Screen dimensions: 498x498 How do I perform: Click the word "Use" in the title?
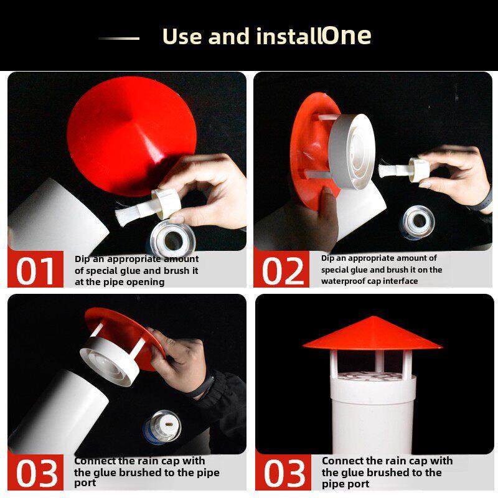coord(182,36)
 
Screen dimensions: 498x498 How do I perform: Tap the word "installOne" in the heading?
coord(314,35)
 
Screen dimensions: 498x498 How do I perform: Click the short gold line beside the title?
coord(119,39)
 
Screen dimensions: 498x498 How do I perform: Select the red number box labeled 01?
coord(35,269)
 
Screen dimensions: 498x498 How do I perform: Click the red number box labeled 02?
coord(281,269)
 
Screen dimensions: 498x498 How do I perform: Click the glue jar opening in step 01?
coord(172,240)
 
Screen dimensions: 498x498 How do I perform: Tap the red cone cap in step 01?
coord(132,135)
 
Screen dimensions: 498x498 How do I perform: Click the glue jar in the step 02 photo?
coord(416,222)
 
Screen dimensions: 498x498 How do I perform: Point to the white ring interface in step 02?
coord(352,151)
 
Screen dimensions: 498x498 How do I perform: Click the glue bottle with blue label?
coord(162,426)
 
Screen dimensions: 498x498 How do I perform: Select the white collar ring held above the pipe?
coord(110,362)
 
